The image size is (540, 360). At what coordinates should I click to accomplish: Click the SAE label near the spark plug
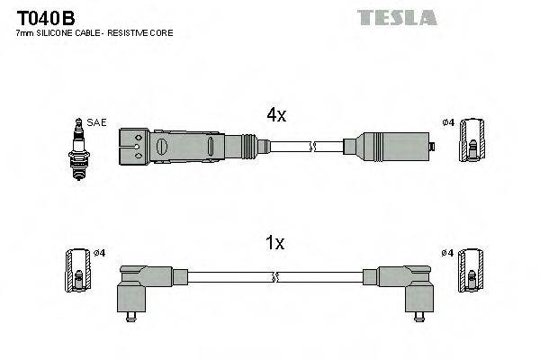pos(94,121)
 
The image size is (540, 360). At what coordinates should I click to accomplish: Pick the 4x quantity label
pos(275,115)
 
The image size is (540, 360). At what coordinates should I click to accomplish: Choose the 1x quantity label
pos(275,242)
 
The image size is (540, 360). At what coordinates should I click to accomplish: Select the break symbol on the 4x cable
pos(312,146)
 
